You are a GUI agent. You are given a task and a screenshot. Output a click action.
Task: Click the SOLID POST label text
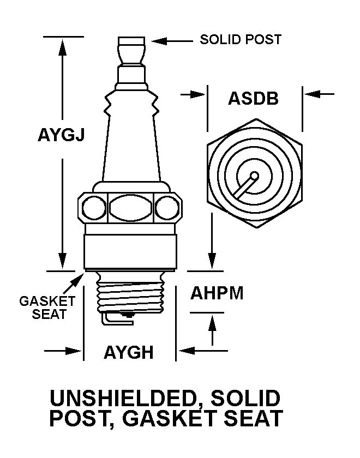(241, 40)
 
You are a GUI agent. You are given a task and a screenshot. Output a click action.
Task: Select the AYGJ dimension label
(61, 134)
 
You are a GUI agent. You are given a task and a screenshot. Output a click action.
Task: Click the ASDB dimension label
(253, 99)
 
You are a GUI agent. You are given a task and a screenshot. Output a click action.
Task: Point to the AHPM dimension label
(217, 293)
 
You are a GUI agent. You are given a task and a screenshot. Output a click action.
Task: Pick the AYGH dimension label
(128, 353)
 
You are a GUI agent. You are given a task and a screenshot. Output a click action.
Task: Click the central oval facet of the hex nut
(129, 207)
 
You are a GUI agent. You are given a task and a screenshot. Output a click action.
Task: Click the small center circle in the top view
(254, 177)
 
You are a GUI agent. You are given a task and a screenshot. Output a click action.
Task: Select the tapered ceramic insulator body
(129, 142)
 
